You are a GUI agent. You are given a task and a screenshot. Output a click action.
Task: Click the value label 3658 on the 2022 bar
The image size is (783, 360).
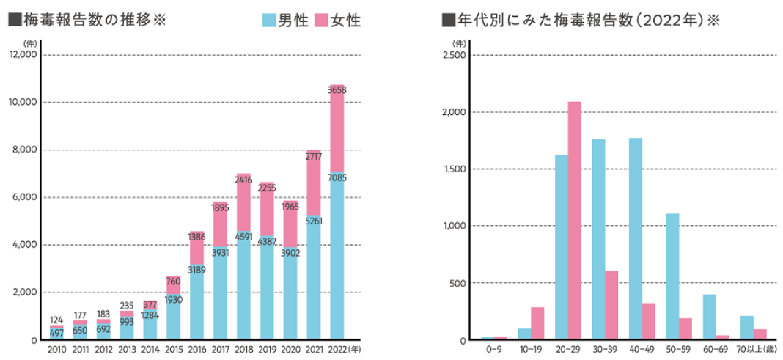click(337, 90)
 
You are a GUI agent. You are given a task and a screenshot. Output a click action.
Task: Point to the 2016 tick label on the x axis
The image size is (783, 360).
click(196, 349)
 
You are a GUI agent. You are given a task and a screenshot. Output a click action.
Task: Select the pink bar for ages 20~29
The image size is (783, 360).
click(574, 221)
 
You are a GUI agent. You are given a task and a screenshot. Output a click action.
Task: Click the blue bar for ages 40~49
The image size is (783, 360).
click(636, 239)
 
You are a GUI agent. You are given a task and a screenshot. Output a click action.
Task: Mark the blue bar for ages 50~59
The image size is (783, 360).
click(672, 276)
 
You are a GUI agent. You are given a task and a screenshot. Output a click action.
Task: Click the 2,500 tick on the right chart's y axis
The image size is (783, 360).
click(455, 55)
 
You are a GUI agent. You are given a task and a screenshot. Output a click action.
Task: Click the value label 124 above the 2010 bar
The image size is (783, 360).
click(56, 320)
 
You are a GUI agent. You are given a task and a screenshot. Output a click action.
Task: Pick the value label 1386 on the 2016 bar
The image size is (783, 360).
click(196, 237)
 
